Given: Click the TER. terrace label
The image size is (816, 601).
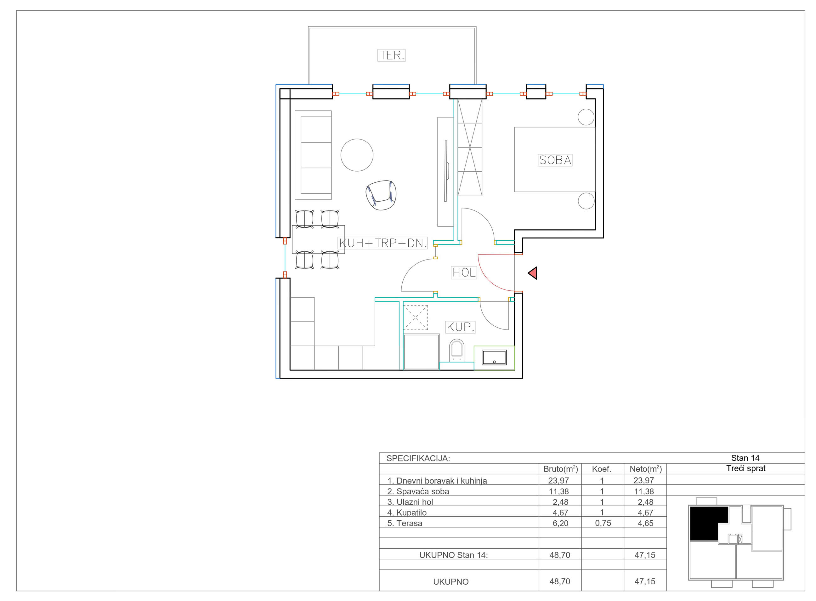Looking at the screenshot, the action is [x=391, y=55].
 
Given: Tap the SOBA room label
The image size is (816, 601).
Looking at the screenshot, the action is [x=555, y=160].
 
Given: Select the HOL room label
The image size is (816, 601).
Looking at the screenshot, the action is [x=464, y=272].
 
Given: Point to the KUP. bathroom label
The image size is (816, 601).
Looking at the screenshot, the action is [x=460, y=327].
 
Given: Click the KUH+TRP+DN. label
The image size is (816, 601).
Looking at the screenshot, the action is [x=382, y=243].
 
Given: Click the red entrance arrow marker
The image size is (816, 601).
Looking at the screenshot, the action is [x=532, y=273].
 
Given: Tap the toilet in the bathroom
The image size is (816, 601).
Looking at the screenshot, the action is [x=457, y=350].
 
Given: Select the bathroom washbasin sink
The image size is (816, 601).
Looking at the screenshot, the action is [x=494, y=357].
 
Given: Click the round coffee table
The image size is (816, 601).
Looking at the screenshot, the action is [x=357, y=155].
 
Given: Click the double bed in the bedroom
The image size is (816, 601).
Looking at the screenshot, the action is [x=554, y=159].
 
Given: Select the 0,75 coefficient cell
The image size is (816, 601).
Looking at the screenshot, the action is [x=603, y=523].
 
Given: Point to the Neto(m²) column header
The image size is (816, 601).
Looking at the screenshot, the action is [x=645, y=469].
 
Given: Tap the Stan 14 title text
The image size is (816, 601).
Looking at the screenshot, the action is [x=745, y=458].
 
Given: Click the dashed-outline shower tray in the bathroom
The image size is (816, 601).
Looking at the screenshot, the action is [x=416, y=318].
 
